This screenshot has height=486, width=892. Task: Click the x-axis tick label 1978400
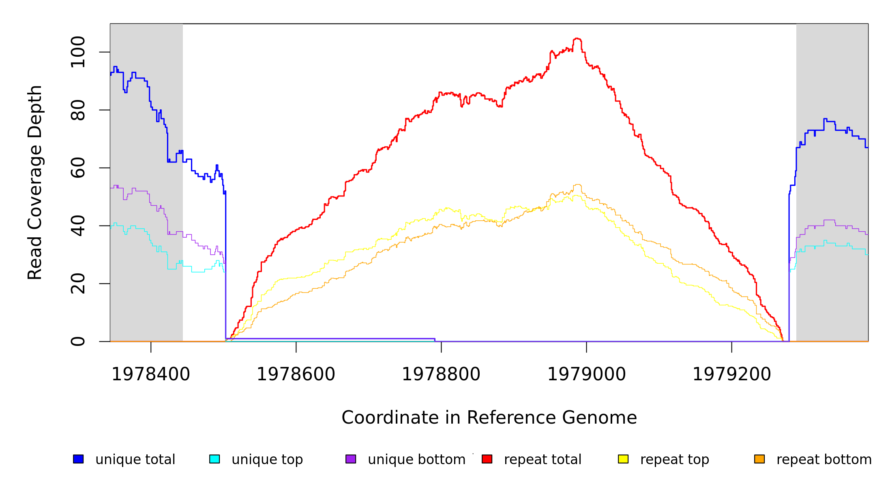point(150,375)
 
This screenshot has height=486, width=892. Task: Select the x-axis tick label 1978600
point(296,375)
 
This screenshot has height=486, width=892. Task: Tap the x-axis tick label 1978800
point(441,375)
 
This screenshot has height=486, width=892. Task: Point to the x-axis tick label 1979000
point(586,375)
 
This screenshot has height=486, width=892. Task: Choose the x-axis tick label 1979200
point(731,375)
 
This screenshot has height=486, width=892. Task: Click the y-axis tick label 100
point(78,52)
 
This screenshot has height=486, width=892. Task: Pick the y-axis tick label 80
point(78,110)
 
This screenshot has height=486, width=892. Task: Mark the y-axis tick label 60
point(78,168)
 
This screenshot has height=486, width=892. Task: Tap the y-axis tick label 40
point(78,226)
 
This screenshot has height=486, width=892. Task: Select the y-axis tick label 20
point(78,283)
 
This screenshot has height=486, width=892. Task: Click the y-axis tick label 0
point(78,341)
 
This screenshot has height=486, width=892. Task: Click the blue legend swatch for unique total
point(78,459)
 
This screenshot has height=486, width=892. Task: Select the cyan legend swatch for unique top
point(214,459)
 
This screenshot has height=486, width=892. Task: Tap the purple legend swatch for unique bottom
point(351,459)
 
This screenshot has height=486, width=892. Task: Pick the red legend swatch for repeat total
point(487,459)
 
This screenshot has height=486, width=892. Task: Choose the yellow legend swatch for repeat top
point(623,459)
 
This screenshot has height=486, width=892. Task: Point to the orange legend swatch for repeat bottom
point(759,459)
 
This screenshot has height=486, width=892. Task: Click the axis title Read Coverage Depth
point(35,182)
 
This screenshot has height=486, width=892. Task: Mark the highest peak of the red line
point(577,38)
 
